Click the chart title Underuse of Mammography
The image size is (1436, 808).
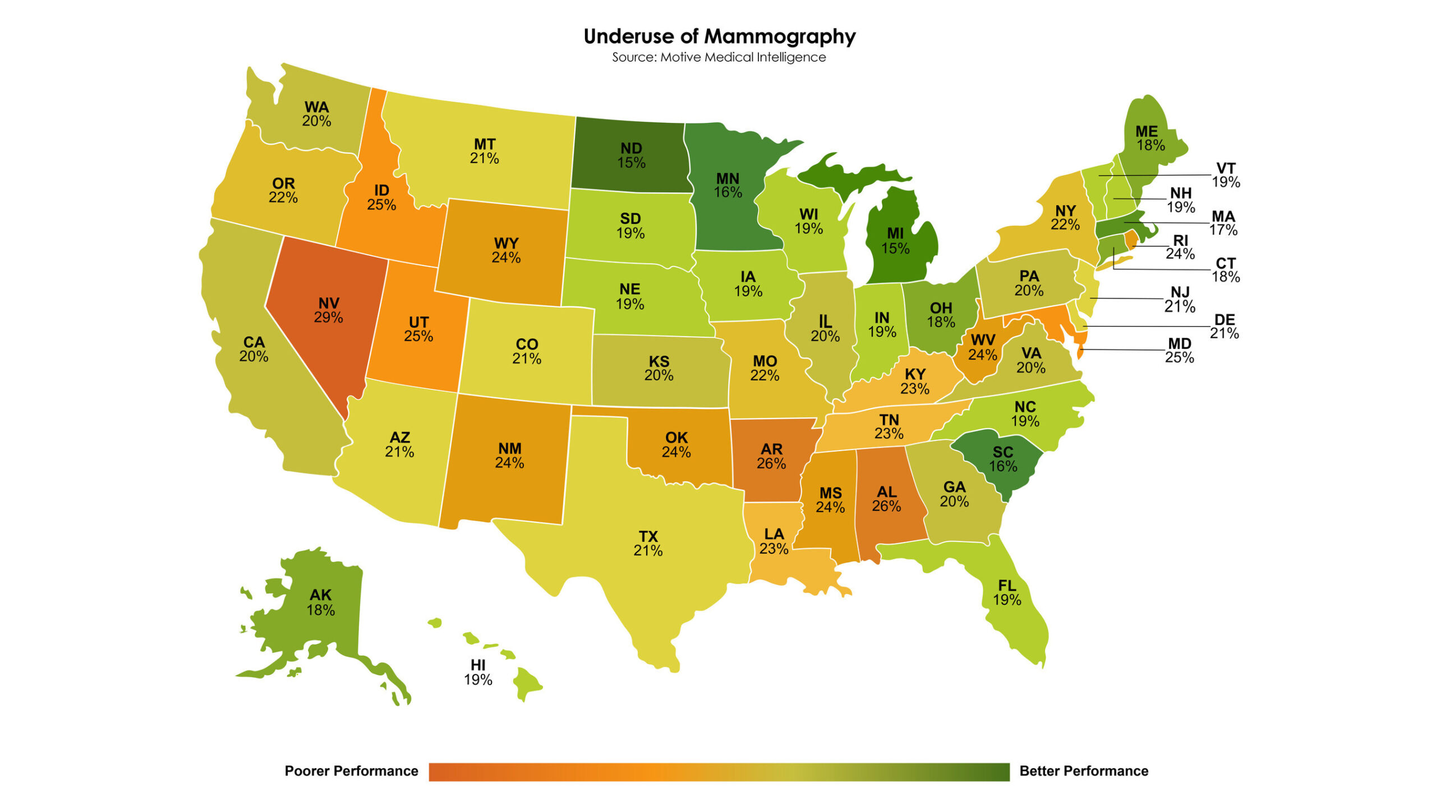click(719, 36)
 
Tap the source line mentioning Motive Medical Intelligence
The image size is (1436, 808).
click(719, 57)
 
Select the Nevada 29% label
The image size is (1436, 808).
click(329, 310)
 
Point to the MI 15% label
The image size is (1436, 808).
click(895, 241)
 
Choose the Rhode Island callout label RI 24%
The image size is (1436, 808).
click(1180, 247)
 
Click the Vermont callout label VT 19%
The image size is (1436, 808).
click(1226, 175)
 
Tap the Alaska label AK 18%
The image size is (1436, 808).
click(320, 602)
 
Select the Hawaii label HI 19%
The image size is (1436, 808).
click(478, 672)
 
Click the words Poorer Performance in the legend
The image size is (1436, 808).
click(351, 771)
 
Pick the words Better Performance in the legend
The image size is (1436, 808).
click(1083, 771)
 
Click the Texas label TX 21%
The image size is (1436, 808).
click(648, 543)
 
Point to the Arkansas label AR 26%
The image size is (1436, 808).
click(771, 456)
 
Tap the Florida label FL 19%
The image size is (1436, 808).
click(1007, 593)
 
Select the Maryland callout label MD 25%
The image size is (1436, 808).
click(1179, 350)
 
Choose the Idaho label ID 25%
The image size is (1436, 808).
click(381, 198)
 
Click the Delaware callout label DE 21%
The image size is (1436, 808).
click(1225, 326)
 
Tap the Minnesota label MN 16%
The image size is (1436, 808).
click(728, 185)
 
